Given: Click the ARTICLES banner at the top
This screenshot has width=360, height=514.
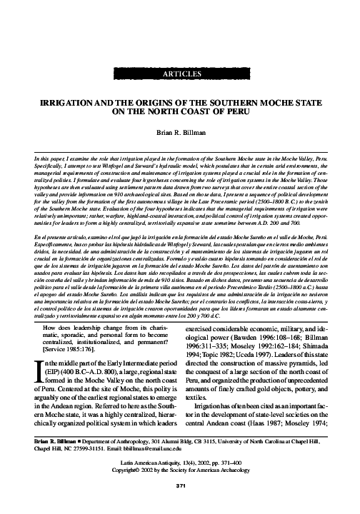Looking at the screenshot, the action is (179, 74).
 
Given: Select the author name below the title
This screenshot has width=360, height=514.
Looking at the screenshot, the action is (179, 133).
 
